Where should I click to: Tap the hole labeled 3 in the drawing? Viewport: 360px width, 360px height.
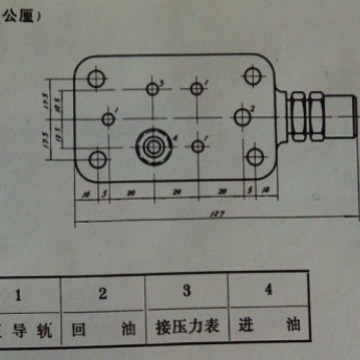(153, 89)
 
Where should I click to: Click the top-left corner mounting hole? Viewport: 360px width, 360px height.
(97, 77)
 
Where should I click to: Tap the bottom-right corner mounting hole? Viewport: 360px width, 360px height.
(254, 158)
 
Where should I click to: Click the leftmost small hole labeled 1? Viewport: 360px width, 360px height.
(107, 118)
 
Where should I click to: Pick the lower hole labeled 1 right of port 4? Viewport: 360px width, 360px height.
(199, 146)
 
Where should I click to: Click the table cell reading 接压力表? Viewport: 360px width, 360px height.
(187, 327)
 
